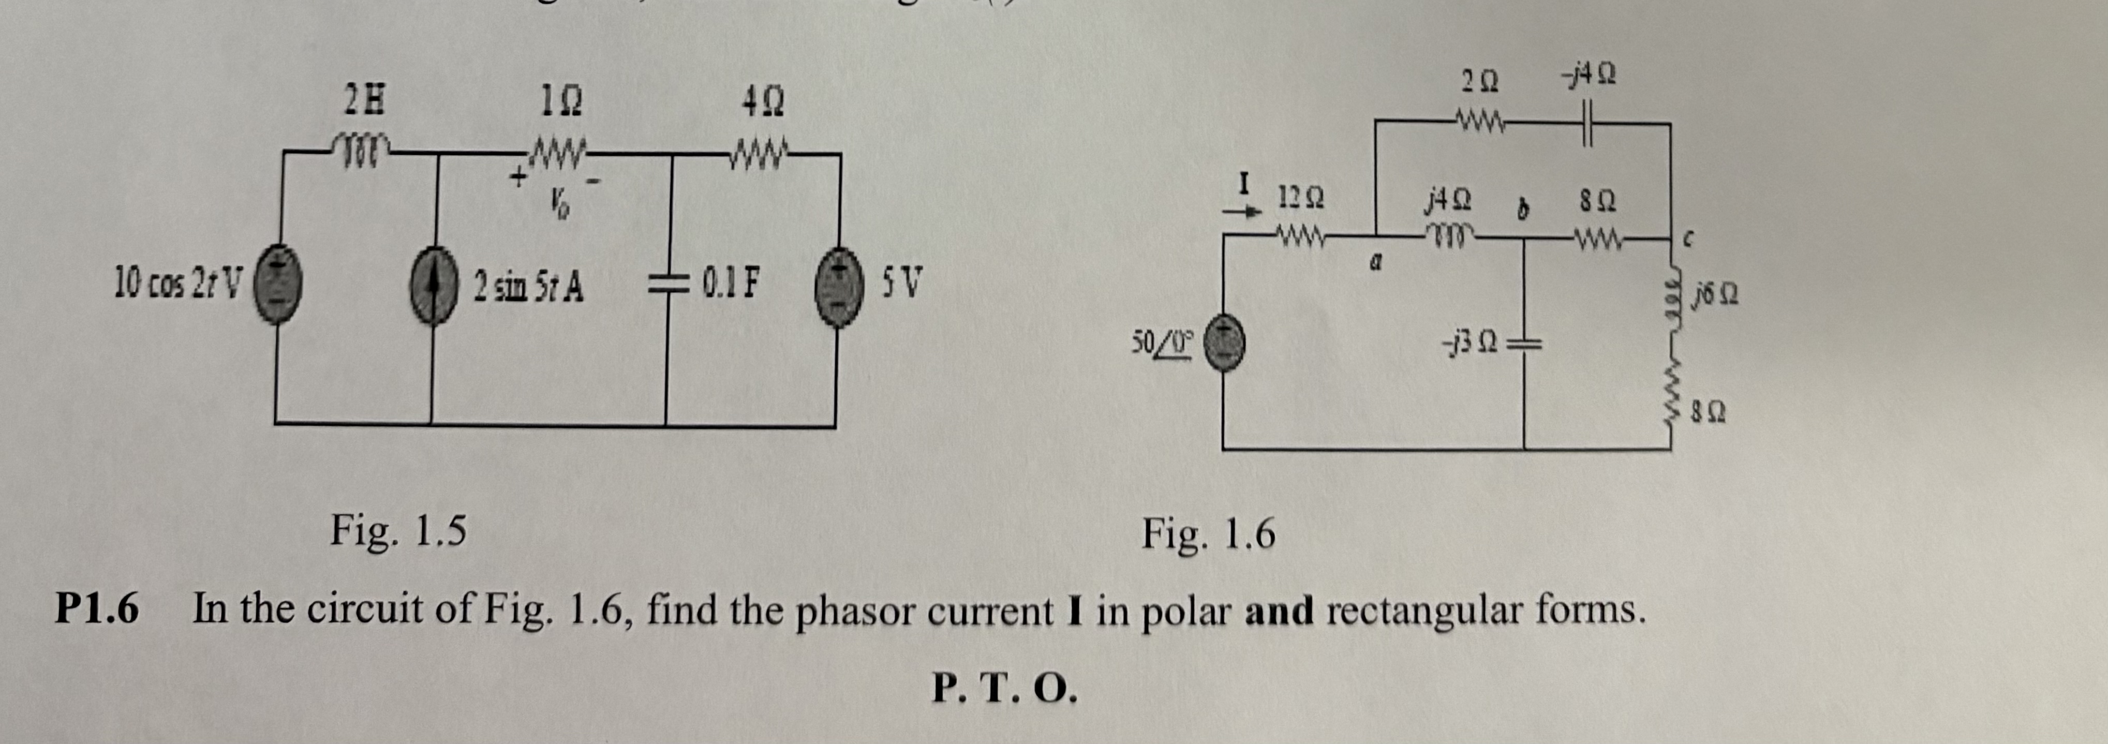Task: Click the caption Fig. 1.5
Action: (398, 531)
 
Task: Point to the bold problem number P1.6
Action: (97, 610)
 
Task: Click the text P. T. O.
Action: (1004, 689)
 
